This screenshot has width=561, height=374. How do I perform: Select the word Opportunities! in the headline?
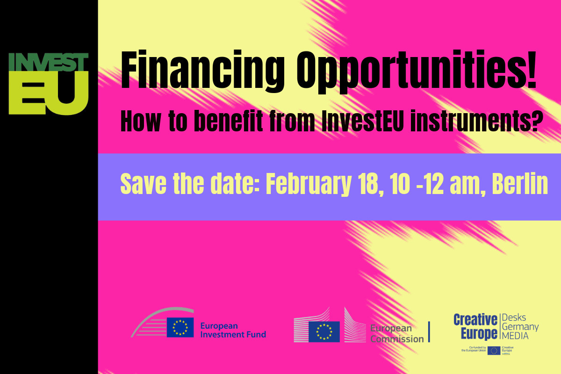tap(418, 73)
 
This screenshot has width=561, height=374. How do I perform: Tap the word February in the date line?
tap(309, 185)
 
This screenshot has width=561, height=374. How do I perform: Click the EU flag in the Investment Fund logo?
tap(180, 327)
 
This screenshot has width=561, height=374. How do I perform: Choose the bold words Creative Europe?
tap(475, 327)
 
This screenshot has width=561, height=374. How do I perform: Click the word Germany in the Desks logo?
tap(520, 327)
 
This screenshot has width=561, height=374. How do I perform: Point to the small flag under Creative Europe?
tap(494, 351)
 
